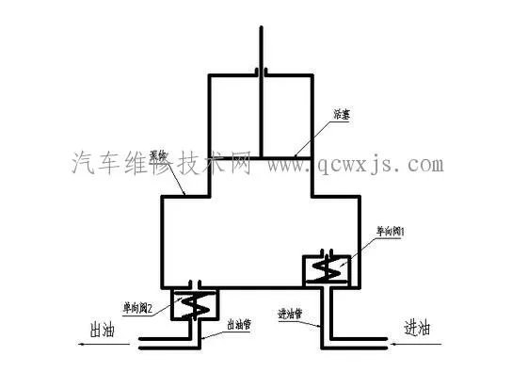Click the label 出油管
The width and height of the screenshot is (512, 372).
[239, 324]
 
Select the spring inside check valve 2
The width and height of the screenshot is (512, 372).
[197, 306]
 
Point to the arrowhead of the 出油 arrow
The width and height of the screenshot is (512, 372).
[83, 346]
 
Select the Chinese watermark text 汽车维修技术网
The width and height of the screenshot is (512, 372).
[160, 166]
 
